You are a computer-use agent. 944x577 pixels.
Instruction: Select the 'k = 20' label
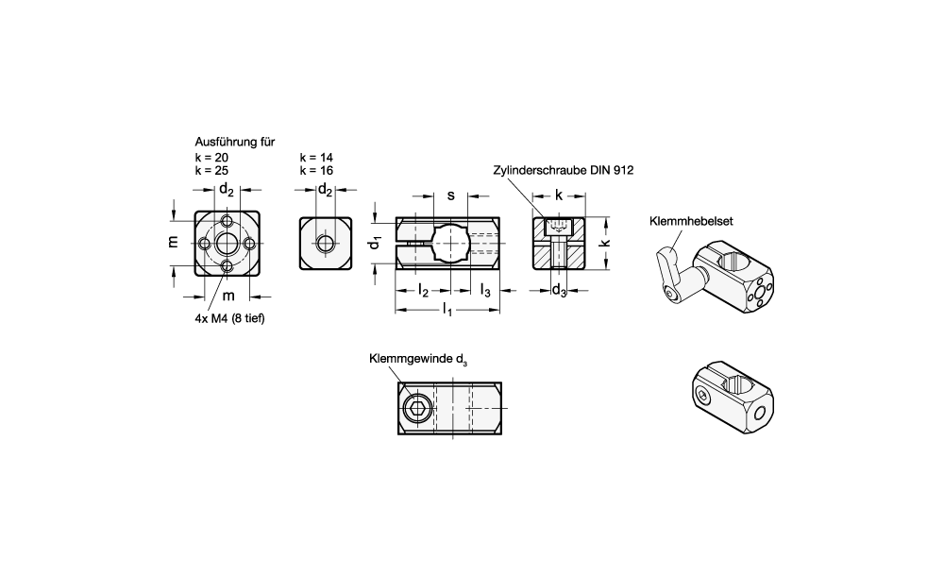tap(211, 157)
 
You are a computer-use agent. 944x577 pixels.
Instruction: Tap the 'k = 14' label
tap(316, 157)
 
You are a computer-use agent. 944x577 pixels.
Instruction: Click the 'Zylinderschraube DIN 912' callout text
tap(563, 170)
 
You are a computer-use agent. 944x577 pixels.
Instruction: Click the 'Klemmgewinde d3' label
tap(418, 359)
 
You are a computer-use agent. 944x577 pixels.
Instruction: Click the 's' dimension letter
tap(451, 195)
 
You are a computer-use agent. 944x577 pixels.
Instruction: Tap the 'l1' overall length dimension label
tap(447, 311)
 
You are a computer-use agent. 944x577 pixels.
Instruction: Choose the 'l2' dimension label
tap(423, 291)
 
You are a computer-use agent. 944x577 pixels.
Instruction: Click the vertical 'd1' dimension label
tap(376, 243)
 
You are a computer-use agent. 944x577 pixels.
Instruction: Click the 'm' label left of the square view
tap(173, 242)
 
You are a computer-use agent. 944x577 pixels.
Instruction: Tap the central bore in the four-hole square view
tap(228, 243)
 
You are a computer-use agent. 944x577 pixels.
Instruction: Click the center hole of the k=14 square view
tap(326, 243)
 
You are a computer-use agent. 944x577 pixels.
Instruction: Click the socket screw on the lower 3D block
tap(703, 398)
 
